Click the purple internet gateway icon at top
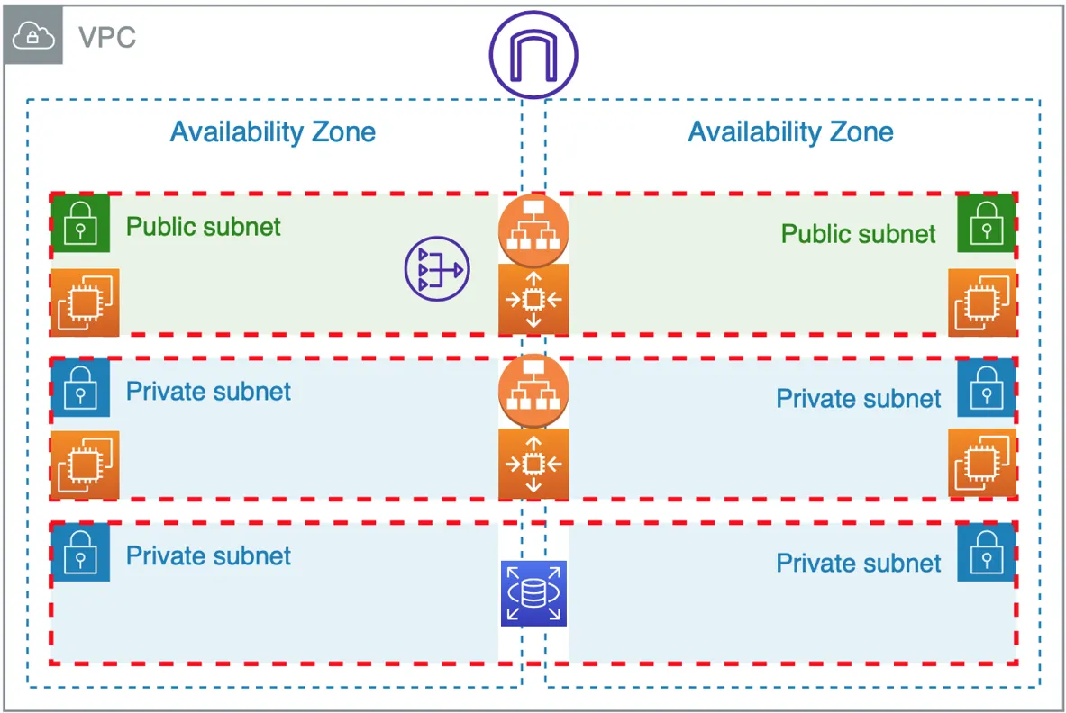[x=533, y=55]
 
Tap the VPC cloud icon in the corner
[x=33, y=36]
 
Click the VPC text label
[x=107, y=38]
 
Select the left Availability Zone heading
[x=272, y=132]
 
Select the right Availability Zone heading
[x=790, y=132]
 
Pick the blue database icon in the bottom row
[x=533, y=593]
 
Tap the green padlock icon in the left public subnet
[x=80, y=223]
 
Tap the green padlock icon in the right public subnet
[x=987, y=223]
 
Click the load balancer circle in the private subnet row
[x=533, y=390]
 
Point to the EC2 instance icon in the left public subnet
[x=85, y=302]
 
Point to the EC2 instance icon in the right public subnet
[x=982, y=302]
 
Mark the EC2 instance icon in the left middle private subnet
[x=85, y=465]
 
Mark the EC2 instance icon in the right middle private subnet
[x=982, y=465]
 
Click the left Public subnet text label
[x=203, y=226]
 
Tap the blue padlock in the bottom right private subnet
[x=987, y=552]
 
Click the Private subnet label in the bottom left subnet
[x=208, y=555]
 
